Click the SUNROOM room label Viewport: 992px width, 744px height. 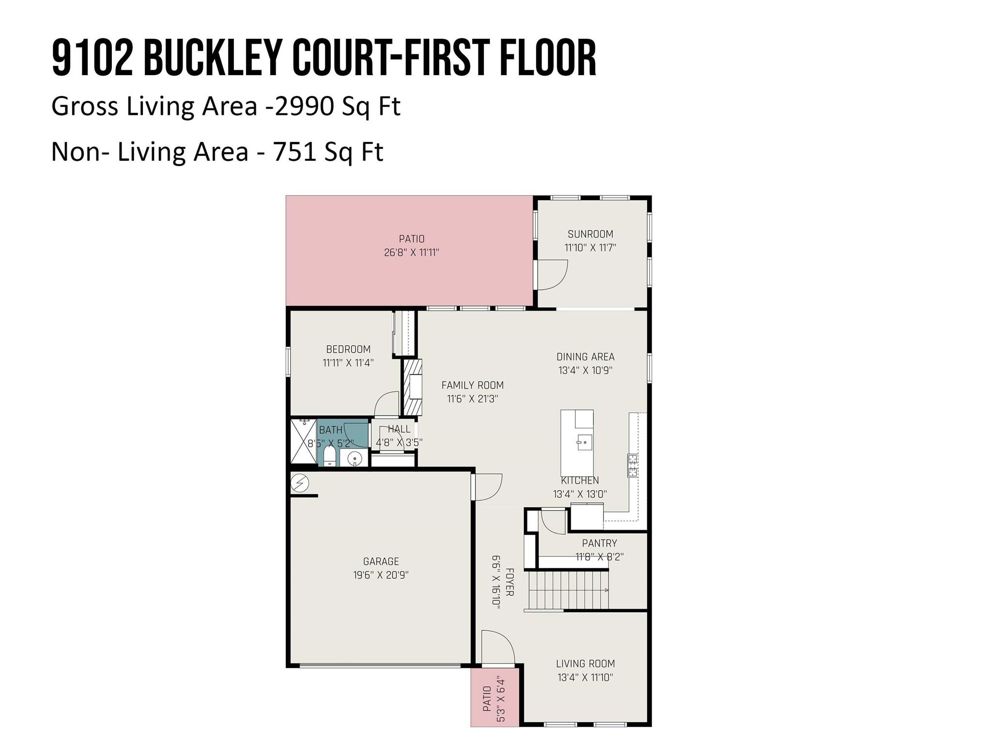[x=590, y=234]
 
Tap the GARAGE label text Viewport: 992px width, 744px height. [x=381, y=561]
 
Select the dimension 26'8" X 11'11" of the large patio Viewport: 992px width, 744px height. [x=411, y=252]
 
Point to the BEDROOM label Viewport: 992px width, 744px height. [x=348, y=349]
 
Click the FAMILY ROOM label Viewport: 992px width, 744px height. [x=472, y=385]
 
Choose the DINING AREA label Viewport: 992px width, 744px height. [x=585, y=357]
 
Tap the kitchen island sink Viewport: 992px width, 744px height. [x=584, y=442]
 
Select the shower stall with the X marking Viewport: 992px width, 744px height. [x=303, y=442]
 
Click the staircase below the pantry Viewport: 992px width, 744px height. [x=568, y=590]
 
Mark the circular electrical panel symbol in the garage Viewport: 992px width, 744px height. [x=299, y=482]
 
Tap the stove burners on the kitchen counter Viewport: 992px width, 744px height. [x=633, y=465]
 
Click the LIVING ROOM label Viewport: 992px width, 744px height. [x=585, y=664]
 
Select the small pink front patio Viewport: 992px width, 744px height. [x=495, y=698]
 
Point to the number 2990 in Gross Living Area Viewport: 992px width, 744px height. [x=304, y=106]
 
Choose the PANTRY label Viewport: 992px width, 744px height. [x=599, y=543]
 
